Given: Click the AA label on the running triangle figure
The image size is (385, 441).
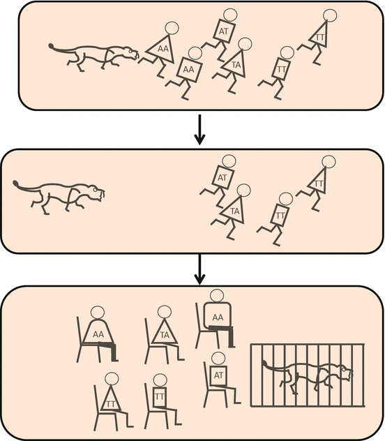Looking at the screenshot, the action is click(x=163, y=49).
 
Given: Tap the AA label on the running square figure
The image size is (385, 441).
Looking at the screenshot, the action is click(x=188, y=69).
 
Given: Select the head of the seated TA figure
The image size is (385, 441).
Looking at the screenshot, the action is click(x=165, y=312).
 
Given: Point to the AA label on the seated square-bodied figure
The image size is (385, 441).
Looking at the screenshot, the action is click(x=218, y=317).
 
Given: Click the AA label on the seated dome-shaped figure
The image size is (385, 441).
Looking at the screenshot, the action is click(x=98, y=334).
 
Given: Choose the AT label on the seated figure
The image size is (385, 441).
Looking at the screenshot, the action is click(x=218, y=375).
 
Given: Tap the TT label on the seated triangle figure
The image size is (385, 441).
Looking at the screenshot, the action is click(x=111, y=404).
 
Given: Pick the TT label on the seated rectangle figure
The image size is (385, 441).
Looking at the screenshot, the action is click(x=159, y=397).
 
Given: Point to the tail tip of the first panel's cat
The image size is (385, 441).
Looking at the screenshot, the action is click(x=52, y=46).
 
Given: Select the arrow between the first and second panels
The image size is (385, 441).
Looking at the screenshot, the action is click(x=199, y=129).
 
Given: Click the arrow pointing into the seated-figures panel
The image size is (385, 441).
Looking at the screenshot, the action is click(x=199, y=269).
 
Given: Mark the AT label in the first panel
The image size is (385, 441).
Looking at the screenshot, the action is click(x=223, y=31).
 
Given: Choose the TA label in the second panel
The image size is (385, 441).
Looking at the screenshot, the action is click(x=235, y=211).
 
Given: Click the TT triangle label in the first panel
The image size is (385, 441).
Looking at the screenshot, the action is click(x=320, y=37).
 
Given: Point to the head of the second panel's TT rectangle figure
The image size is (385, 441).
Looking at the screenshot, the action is click(x=285, y=200).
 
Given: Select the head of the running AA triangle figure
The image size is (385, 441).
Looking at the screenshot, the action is click(x=172, y=28).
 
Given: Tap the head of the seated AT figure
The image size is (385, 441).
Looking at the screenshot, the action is click(x=218, y=359).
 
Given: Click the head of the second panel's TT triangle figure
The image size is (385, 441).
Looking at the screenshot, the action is click(x=329, y=162).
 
